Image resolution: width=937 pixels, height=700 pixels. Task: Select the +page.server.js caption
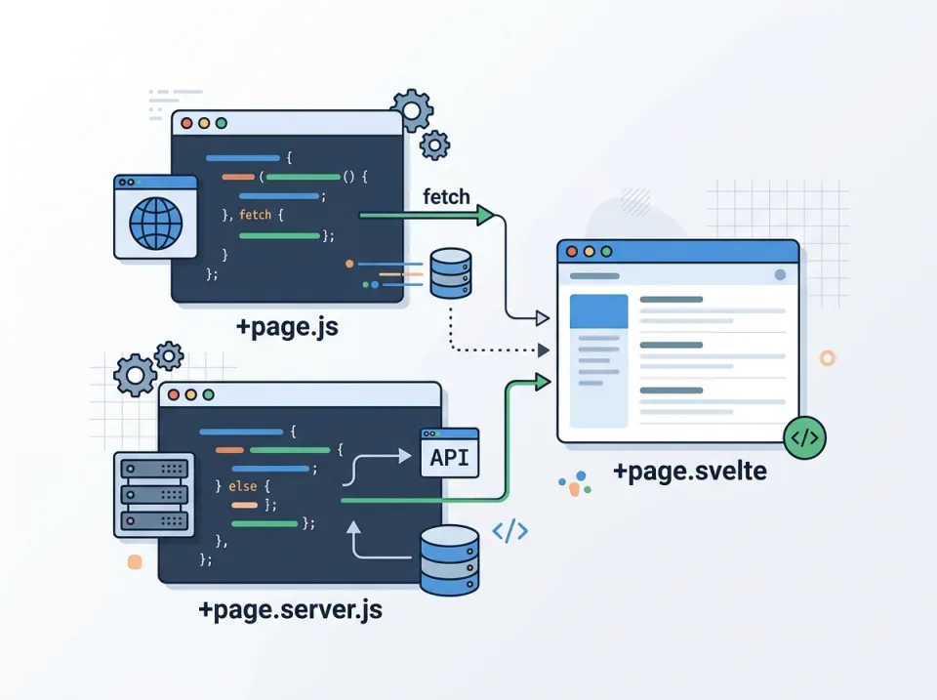[x=290, y=611]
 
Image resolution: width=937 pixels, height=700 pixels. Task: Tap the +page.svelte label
[x=689, y=472]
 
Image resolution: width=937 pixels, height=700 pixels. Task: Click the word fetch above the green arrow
[x=446, y=197]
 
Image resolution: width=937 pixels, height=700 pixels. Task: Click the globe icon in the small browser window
[x=155, y=224]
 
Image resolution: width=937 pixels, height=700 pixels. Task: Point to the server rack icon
[x=153, y=494]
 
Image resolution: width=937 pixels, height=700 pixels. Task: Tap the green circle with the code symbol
[x=804, y=437]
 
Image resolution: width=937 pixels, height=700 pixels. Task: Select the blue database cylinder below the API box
[x=449, y=559]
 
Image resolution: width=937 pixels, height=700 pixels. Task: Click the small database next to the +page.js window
[x=450, y=273]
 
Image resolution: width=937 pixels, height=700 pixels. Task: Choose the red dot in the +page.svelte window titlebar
[x=572, y=252]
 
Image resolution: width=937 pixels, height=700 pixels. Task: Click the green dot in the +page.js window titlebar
[x=222, y=124]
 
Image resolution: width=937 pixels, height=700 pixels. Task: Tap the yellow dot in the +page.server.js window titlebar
[x=191, y=394]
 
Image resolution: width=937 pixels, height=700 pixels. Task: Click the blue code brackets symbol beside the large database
[x=509, y=531]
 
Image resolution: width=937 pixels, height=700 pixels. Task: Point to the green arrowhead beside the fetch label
[x=486, y=216]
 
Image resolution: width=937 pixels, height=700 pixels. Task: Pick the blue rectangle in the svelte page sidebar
[x=597, y=310]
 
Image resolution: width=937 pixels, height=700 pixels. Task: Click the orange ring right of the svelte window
[x=828, y=358]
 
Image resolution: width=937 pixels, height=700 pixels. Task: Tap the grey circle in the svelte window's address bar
[x=780, y=275]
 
